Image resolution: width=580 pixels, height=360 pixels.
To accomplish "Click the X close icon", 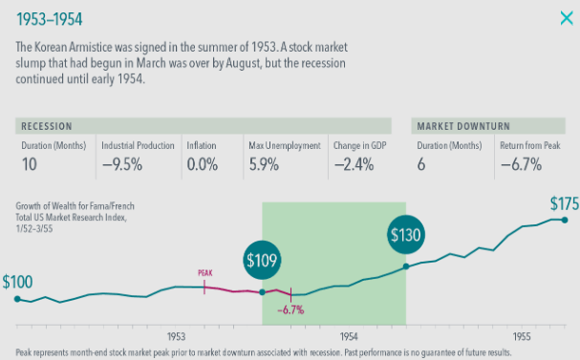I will tap(566, 17).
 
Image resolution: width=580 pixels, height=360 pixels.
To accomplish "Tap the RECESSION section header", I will tap(49, 126).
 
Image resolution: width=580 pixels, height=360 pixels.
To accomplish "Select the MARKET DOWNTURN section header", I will tap(462, 126).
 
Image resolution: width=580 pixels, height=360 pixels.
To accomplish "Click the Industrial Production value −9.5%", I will tap(122, 164).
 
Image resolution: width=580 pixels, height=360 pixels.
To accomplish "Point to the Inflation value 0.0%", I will tap(204, 164).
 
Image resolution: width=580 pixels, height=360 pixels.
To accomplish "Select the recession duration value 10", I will tap(30, 164).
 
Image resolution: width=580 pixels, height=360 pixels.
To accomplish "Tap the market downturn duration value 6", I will tap(422, 164).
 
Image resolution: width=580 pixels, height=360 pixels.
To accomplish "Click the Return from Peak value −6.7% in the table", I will tap(521, 164).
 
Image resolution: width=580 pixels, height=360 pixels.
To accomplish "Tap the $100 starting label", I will tap(18, 283).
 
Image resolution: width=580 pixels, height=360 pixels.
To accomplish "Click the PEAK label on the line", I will tap(204, 272).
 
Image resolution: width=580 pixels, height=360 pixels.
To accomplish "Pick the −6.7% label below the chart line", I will tap(290, 309).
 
